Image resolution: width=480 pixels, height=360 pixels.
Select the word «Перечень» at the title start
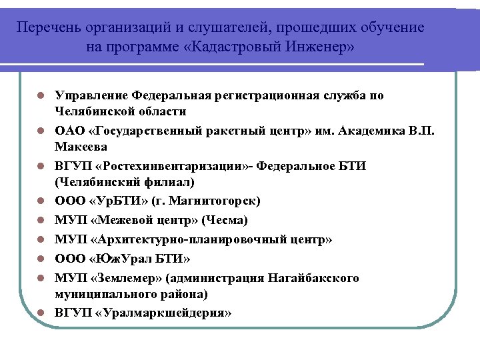(47, 28)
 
